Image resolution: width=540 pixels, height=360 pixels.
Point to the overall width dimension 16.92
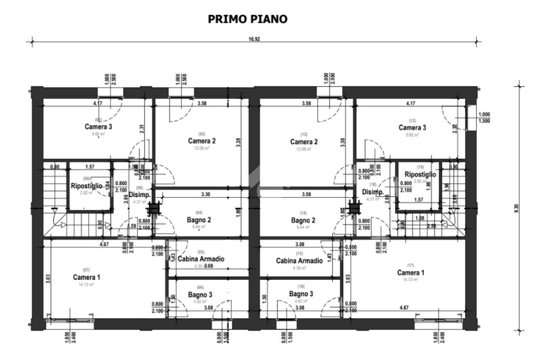point(254,40)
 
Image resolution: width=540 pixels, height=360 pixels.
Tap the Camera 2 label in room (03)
point(202,141)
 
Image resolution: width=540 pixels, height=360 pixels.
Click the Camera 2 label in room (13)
point(304,142)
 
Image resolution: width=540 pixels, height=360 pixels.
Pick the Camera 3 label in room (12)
point(412,128)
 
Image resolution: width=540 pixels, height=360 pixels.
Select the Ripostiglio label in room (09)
point(86,186)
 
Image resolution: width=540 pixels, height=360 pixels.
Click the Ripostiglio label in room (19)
point(420,174)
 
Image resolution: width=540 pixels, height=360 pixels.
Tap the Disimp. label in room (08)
point(140,194)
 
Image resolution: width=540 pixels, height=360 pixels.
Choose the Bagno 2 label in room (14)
point(304,220)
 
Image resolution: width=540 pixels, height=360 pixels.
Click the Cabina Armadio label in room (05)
point(201,259)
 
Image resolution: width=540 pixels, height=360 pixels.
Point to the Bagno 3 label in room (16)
point(301,293)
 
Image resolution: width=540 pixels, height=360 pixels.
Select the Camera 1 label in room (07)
point(86,277)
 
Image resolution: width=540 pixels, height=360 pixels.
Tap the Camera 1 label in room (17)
point(410,273)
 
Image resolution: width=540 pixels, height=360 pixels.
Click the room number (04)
point(201,212)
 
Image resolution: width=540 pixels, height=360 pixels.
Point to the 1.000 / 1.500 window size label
point(484,118)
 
